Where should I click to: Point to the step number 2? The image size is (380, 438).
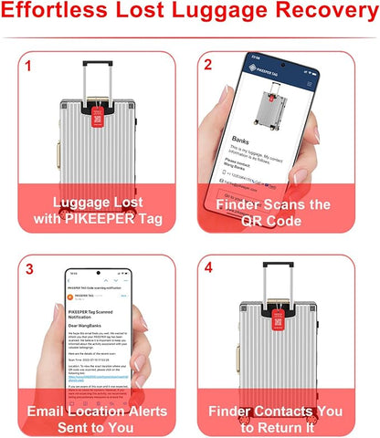point(208,66)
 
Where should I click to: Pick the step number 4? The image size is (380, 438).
point(208,269)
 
